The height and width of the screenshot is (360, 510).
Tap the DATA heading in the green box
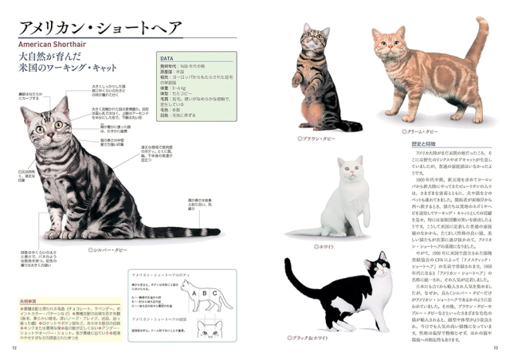(167, 59)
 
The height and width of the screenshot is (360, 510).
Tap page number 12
(14, 347)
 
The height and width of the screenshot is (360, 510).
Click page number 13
(495, 347)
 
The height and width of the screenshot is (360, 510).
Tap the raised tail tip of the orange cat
(482, 23)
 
